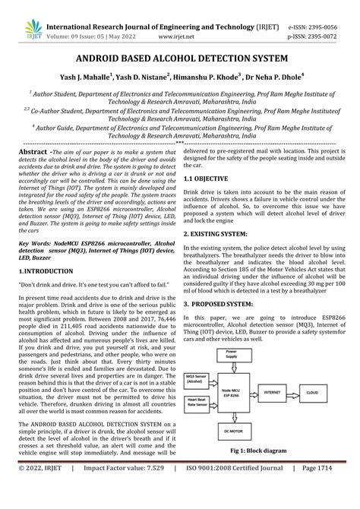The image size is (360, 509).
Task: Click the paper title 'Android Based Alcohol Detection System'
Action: [179, 59]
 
